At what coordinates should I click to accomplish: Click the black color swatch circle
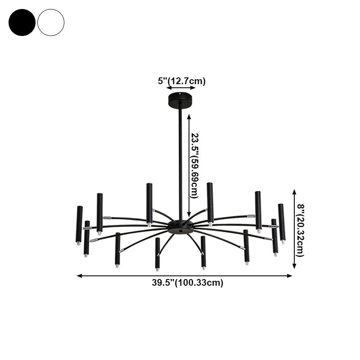pos(22,22)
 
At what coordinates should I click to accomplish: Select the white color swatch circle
pos(51,22)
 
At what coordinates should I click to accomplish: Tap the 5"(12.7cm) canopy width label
pos(181,81)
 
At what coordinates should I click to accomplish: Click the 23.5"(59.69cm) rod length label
pos(194,165)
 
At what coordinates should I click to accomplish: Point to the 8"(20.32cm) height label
pos(300,230)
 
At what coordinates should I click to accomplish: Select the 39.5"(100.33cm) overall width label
pos(188,283)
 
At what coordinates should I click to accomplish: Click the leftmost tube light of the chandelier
pos(79,224)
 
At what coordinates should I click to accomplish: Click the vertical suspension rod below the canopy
pos(180,157)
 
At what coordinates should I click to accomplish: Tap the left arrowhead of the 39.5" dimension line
pos(79,275)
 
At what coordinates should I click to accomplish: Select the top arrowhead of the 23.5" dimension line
pos(189,116)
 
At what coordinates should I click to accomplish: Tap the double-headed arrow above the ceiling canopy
pos(181,88)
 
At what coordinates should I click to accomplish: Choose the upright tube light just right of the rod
pos(210,202)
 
